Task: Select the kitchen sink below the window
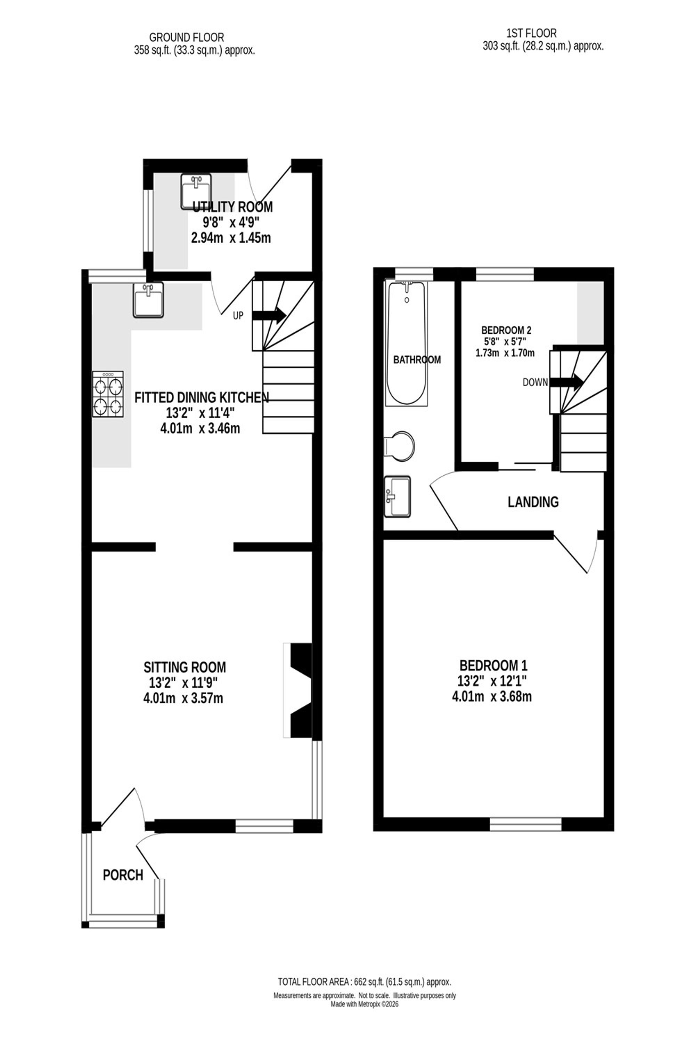tap(148, 300)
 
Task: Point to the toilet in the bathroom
tap(401, 446)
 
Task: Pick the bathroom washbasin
tap(398, 497)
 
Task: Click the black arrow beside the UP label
tap(269, 315)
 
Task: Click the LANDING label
tap(533, 502)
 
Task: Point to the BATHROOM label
tap(417, 359)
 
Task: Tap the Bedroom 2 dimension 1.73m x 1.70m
tap(505, 354)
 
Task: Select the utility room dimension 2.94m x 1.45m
tap(230, 238)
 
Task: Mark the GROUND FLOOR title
tap(187, 37)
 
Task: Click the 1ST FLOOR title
tap(531, 33)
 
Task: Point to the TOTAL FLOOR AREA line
tap(364, 982)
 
